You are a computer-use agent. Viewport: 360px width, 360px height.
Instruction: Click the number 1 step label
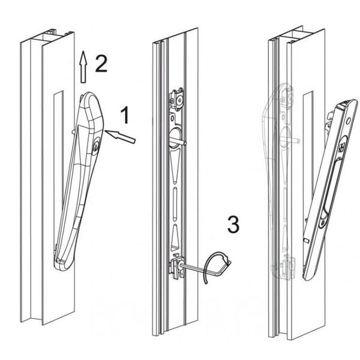(x=125, y=115)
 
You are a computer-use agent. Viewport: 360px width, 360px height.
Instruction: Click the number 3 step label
(x=233, y=225)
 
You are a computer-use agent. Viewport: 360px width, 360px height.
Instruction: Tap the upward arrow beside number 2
(x=83, y=67)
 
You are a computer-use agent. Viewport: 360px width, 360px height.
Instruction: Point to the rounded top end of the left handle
(x=91, y=99)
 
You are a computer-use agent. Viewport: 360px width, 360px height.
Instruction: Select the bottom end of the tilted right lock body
(x=308, y=273)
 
